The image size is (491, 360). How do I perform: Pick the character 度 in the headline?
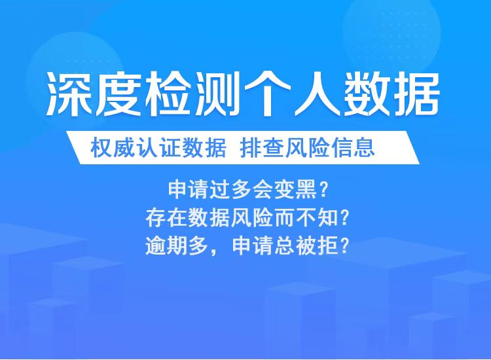[121, 94]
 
